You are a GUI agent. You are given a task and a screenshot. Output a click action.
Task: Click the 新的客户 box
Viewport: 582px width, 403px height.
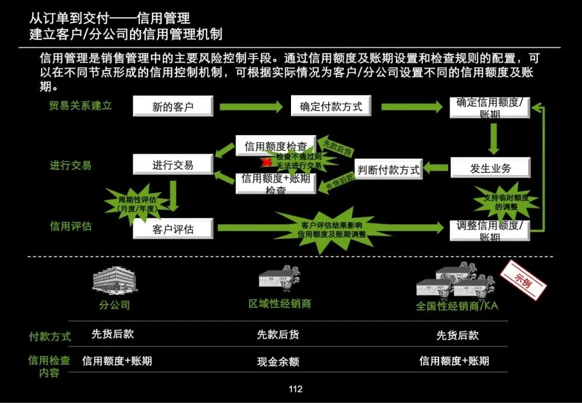click(x=173, y=106)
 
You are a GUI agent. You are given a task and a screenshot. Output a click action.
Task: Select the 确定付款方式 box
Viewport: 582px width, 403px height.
click(x=331, y=106)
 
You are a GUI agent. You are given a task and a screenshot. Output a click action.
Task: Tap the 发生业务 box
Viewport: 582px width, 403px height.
click(x=490, y=168)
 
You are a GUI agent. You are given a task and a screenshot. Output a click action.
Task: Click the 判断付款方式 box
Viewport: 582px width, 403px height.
click(x=388, y=170)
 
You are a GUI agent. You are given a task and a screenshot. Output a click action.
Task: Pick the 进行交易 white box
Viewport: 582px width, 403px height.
click(x=173, y=164)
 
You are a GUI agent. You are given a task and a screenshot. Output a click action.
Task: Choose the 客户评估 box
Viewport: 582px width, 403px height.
click(x=173, y=229)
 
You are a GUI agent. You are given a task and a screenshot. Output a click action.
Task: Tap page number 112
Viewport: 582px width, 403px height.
click(x=295, y=389)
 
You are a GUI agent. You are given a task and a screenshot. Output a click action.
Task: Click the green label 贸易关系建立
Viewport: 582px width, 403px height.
click(x=80, y=105)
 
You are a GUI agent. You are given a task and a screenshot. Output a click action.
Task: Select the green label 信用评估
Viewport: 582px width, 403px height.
click(x=71, y=226)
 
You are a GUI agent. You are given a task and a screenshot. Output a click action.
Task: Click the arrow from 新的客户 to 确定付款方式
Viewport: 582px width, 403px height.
click(x=251, y=107)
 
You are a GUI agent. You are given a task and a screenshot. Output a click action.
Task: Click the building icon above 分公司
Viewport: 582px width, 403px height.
click(x=114, y=281)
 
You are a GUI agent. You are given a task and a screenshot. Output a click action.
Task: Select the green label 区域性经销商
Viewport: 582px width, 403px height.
click(x=279, y=304)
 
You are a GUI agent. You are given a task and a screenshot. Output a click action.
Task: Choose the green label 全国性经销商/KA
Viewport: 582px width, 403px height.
click(x=457, y=306)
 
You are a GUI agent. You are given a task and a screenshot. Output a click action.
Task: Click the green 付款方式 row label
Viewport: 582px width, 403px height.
click(x=50, y=336)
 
